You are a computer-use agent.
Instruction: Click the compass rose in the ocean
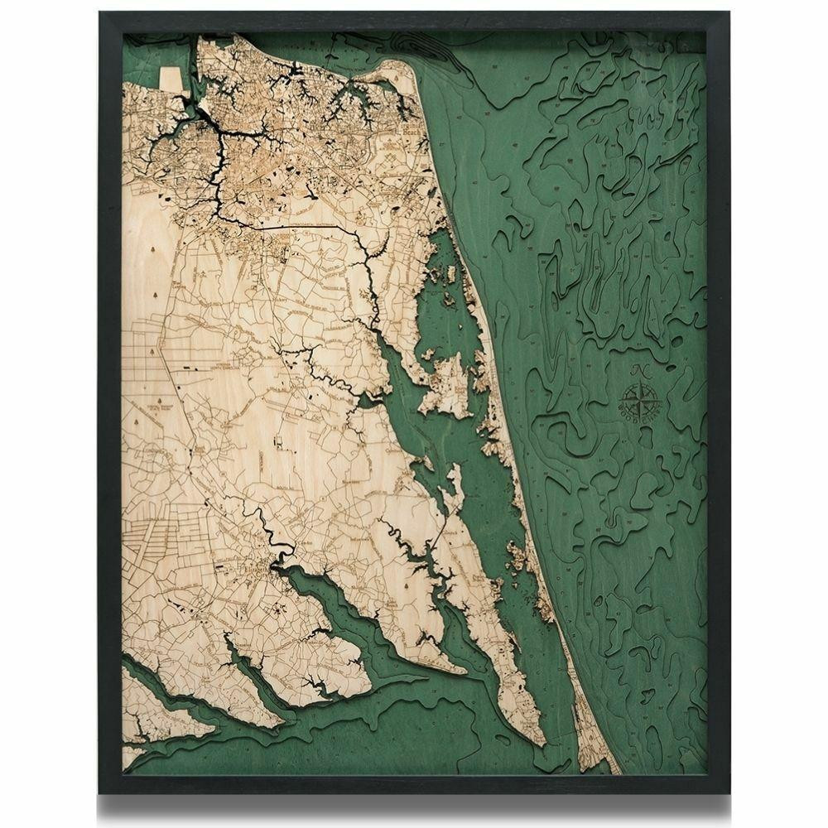click(641, 401)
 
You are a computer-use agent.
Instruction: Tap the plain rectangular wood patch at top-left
click(171, 79)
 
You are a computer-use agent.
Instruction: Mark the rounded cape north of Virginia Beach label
click(389, 79)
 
